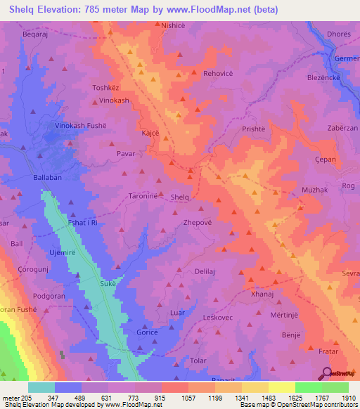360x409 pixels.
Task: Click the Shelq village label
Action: coord(181,197)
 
